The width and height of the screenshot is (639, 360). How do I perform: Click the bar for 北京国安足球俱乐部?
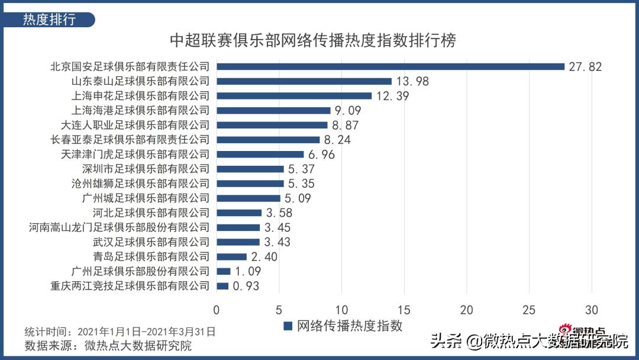pos(390,66)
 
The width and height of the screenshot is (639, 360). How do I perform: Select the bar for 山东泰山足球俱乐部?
pos(304,81)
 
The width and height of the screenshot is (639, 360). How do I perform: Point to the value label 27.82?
pos(585,66)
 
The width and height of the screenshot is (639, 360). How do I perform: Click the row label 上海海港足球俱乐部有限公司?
pos(140,110)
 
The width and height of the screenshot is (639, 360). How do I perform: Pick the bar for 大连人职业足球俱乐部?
pos(272,125)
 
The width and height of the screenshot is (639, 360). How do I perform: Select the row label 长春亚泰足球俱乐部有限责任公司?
pos(131,140)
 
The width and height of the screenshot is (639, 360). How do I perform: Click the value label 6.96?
pos(324,155)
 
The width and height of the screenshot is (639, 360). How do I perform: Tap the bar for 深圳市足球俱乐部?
pos(250,169)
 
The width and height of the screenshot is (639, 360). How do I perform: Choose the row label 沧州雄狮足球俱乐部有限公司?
pos(140,184)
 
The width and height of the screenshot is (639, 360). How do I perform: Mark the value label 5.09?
pos(300,198)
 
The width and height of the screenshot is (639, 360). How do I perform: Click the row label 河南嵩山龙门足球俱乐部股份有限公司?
pos(120,227)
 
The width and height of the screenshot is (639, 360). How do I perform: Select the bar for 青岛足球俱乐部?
pos(232,256)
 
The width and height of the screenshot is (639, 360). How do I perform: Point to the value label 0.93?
pos(246,286)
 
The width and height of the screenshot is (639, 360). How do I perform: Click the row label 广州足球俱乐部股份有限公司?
pos(140,271)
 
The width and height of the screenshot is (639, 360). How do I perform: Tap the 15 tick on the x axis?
pos(404,310)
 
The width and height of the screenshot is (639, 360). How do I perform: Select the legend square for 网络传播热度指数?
pos(288,326)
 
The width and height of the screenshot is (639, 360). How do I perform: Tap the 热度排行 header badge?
pos(50,19)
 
